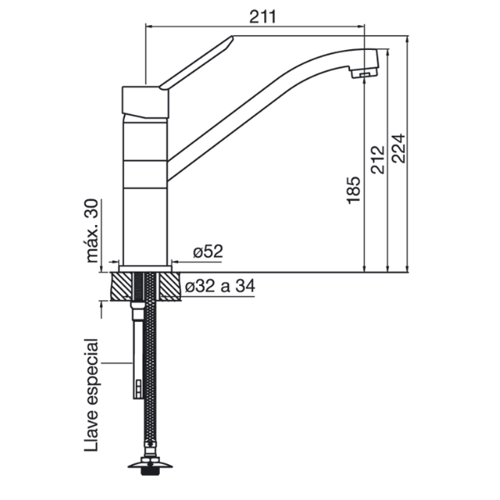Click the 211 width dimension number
pyautogui.click(x=262, y=17)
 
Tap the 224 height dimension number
pyautogui.click(x=398, y=148)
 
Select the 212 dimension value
pyautogui.click(x=378, y=159)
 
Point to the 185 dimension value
pyautogui.click(x=353, y=190)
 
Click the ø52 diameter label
pyautogui.click(x=207, y=252)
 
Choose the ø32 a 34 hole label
pyautogui.click(x=220, y=286)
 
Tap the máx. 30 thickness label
pyautogui.click(x=92, y=231)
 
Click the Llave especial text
pyautogui.click(x=92, y=395)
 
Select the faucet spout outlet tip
pyautogui.click(x=365, y=73)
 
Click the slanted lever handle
pyautogui.click(x=197, y=62)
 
